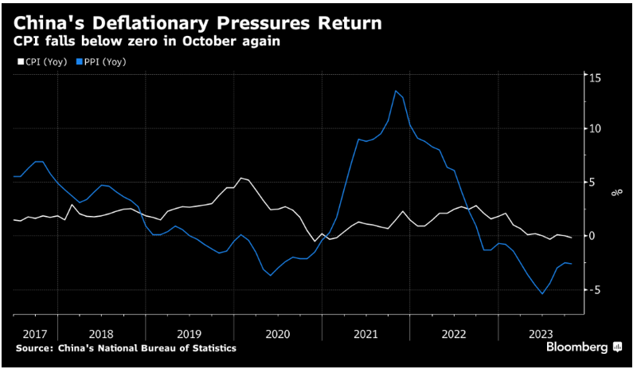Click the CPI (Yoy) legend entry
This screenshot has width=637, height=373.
click(40, 61)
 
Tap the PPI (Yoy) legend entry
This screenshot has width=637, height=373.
click(100, 61)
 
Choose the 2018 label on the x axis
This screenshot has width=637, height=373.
click(101, 334)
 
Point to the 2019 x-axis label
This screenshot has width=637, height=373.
click(189, 334)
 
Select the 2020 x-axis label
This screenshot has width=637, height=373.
click(277, 334)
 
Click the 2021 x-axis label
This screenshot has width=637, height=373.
click(365, 334)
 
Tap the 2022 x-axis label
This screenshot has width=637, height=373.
click(454, 334)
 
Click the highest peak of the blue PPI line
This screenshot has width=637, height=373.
click(396, 91)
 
